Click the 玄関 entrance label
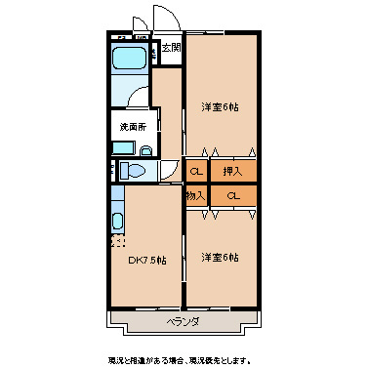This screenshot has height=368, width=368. click(171, 47)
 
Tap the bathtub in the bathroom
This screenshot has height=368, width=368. click(129, 58)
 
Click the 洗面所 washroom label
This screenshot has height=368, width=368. click(132, 127)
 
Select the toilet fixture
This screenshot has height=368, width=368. click(136, 171)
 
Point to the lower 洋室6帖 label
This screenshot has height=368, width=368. click(220, 257)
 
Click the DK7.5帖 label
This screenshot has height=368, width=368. click(146, 261)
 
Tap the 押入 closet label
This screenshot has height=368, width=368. click(232, 172)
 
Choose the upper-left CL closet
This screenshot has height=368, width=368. click(195, 172)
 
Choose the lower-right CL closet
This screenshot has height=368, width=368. click(232, 196)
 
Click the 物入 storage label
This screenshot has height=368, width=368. click(194, 196)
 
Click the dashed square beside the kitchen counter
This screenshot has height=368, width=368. click(118, 240)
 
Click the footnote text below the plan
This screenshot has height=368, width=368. click(184, 357)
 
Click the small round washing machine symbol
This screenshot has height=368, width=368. click(146, 150)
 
